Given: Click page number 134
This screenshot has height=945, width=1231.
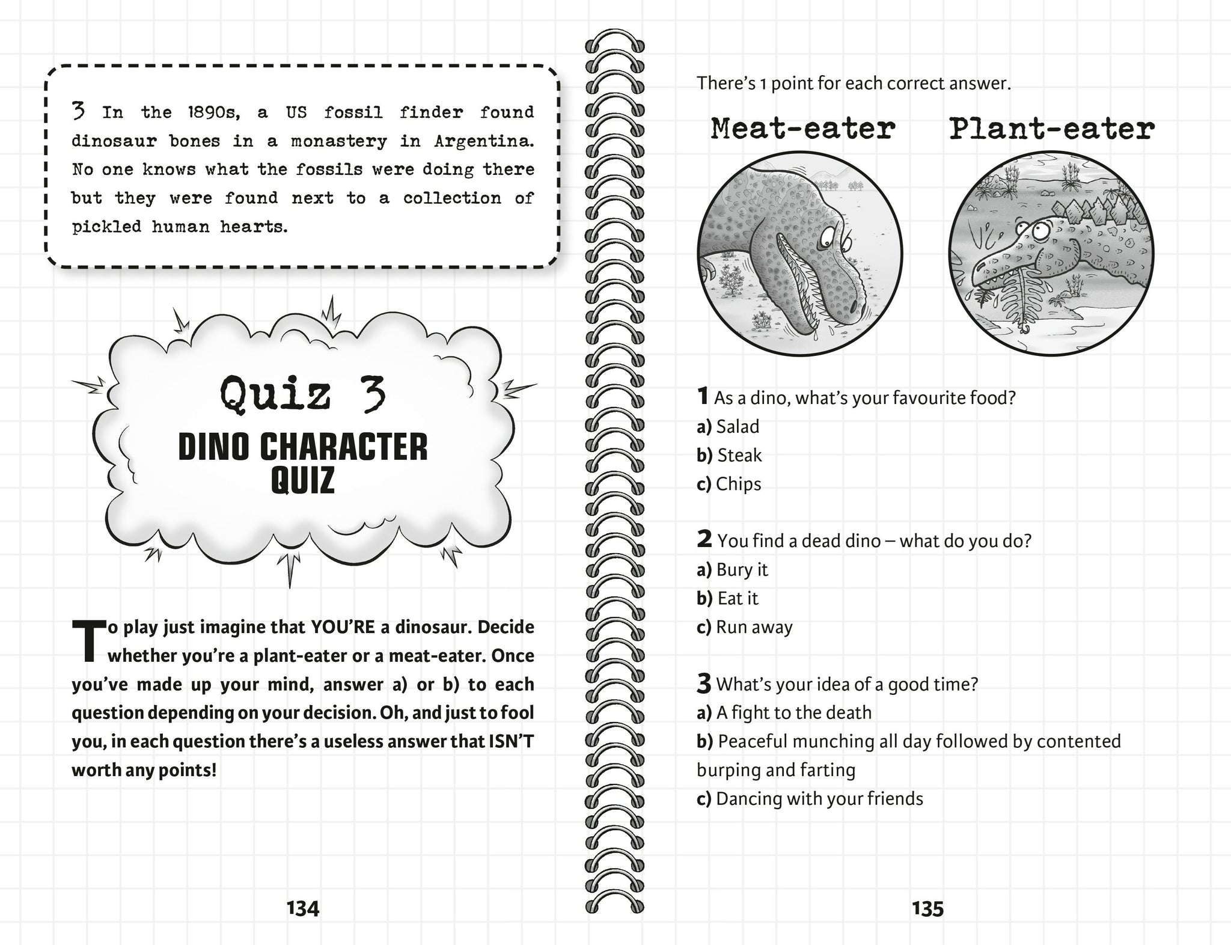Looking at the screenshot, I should [x=303, y=908].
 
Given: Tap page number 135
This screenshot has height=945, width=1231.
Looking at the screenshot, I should [x=927, y=908].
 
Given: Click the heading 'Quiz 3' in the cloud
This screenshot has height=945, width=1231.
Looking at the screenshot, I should [x=302, y=394].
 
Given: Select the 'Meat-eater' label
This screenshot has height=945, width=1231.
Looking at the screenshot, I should [x=802, y=129].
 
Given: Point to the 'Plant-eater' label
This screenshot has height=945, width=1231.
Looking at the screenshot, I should [x=1051, y=129].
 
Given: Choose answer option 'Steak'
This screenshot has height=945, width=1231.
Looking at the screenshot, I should [x=739, y=456].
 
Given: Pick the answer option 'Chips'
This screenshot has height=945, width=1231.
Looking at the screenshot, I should [x=738, y=484].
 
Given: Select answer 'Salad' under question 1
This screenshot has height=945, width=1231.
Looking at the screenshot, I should [x=738, y=427].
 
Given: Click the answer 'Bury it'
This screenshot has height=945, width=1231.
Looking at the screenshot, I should [x=742, y=570].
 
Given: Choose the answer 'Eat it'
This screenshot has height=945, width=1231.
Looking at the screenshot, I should [x=738, y=599].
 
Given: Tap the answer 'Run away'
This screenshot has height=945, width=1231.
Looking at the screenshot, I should [x=754, y=627].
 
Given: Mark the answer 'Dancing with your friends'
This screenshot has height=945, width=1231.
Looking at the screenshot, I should [x=819, y=799].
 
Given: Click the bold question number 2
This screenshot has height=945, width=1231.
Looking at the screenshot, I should [x=704, y=539].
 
